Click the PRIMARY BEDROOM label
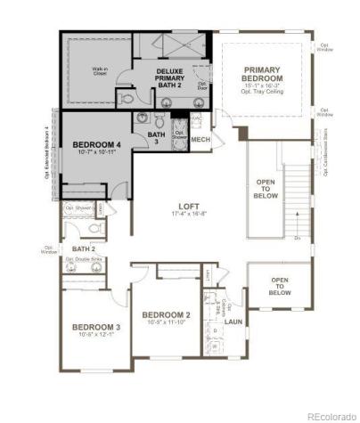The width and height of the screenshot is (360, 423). (x=263, y=74)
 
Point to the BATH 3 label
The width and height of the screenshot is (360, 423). (x=157, y=138)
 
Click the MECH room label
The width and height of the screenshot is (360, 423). (x=200, y=140)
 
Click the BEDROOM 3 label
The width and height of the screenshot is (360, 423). (x=96, y=326)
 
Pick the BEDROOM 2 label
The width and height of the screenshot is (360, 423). (x=167, y=315)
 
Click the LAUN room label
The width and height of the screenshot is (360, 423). (x=233, y=321)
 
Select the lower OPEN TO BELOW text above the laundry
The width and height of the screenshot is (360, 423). (x=280, y=286)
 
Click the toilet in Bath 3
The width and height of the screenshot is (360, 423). (x=160, y=120)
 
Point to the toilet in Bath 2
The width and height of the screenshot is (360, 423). (x=100, y=228)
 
